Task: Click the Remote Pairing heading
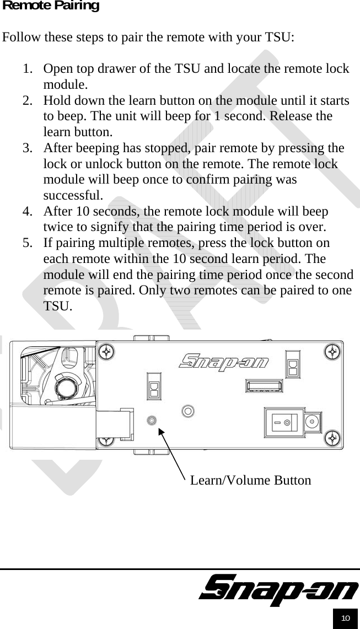(x=51, y=6)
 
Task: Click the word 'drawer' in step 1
(x=111, y=69)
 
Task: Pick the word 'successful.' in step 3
(x=73, y=196)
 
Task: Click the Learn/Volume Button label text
(x=250, y=480)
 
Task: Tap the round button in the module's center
(x=188, y=411)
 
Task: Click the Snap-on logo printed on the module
(x=224, y=362)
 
